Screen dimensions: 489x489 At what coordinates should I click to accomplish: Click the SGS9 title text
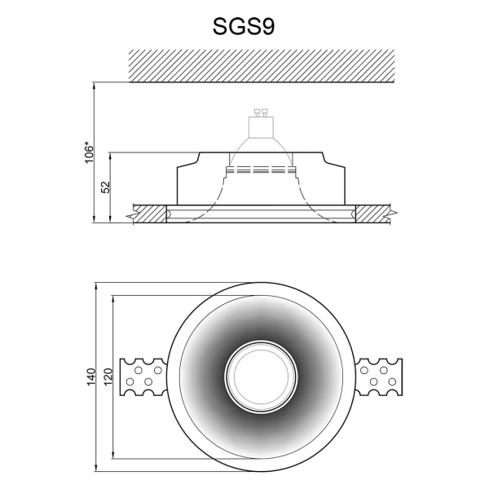(244, 26)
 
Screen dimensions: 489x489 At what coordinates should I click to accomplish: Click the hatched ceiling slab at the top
(262, 64)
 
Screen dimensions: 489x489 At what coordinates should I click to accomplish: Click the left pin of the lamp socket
(258, 114)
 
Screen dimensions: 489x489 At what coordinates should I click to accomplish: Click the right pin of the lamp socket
(266, 114)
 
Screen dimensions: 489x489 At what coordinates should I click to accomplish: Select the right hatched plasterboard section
(374, 214)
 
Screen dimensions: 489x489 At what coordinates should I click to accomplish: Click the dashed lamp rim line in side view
(262, 170)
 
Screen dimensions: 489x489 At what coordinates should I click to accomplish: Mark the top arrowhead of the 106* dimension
(96, 83)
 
